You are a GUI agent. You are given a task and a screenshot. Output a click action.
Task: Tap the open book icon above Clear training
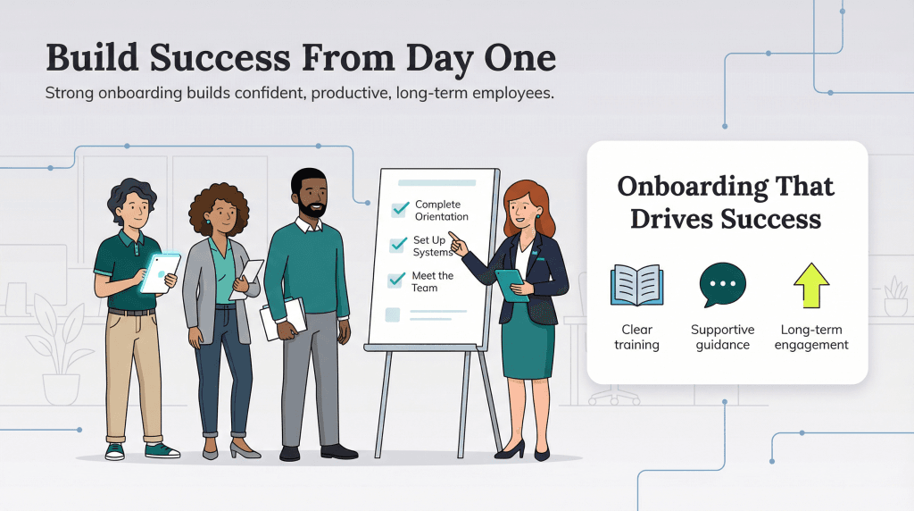(x=636, y=286)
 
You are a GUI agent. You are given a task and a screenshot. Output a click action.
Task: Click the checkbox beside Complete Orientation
(x=399, y=210)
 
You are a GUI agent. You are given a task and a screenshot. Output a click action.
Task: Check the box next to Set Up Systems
(x=398, y=245)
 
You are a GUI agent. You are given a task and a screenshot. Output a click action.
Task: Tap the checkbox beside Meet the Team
(x=396, y=281)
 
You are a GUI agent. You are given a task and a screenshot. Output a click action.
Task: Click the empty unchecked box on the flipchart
(x=392, y=314)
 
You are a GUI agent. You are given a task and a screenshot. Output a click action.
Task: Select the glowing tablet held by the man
(x=160, y=272)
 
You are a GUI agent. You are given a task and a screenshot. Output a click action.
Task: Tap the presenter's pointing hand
(x=455, y=240)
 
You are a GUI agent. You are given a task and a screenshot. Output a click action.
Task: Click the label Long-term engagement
(x=814, y=337)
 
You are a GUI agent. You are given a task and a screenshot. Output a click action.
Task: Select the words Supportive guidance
(x=722, y=337)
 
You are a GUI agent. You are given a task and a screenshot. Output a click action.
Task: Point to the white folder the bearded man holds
(x=281, y=318)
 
